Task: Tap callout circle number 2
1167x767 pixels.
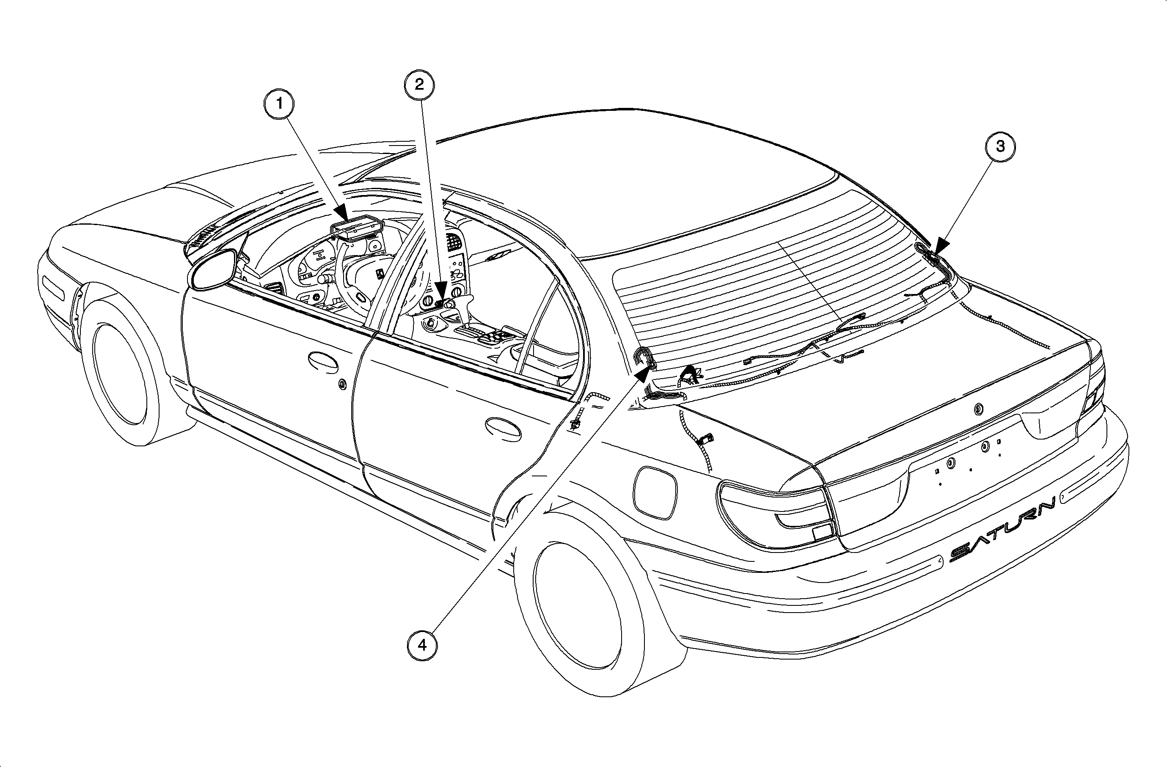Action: [419, 84]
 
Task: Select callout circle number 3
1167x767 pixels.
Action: [1000, 146]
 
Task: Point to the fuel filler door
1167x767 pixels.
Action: [655, 492]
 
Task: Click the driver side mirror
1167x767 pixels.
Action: [212, 269]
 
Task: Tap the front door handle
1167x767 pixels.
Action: [323, 360]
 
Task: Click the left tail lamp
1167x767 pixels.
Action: [775, 512]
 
